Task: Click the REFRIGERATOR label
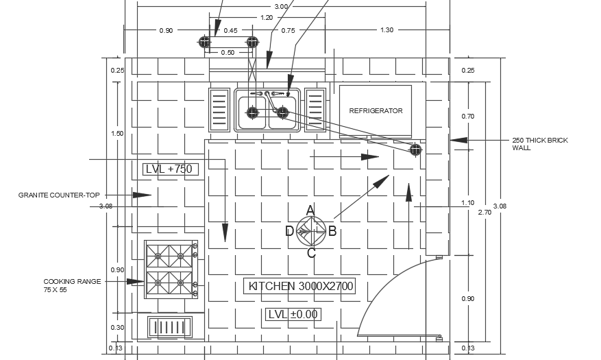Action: [376, 110]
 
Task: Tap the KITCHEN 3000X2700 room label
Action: [301, 286]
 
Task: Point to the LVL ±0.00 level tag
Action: [293, 314]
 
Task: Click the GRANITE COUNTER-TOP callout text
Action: [59, 195]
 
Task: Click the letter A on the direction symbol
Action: [310, 210]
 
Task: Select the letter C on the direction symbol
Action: [311, 253]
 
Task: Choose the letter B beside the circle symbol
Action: [332, 231]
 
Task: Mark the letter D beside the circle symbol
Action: [289, 231]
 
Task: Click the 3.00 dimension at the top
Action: [281, 7]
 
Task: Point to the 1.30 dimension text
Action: [387, 30]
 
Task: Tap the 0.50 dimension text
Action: [228, 53]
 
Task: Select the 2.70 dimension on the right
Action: [484, 213]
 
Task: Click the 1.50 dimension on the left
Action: [117, 134]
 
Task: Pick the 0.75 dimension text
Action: [288, 30]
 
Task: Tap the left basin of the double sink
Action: [252, 112]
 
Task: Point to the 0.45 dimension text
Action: [230, 30]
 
